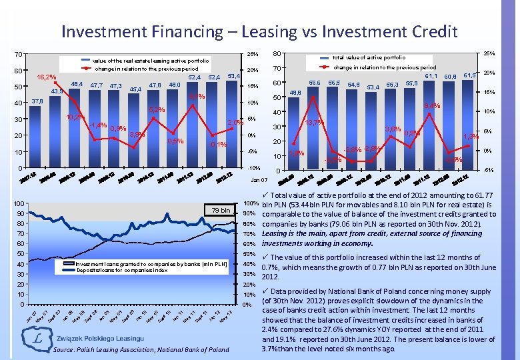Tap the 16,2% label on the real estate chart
tap(47, 77)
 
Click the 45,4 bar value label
tap(135, 89)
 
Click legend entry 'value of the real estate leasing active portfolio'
tap(154, 60)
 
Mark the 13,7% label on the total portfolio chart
tap(314, 123)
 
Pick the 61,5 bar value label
tap(470, 75)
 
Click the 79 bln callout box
tap(220, 211)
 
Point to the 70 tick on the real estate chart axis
tap(18, 55)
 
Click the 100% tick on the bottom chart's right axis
tap(251, 203)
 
